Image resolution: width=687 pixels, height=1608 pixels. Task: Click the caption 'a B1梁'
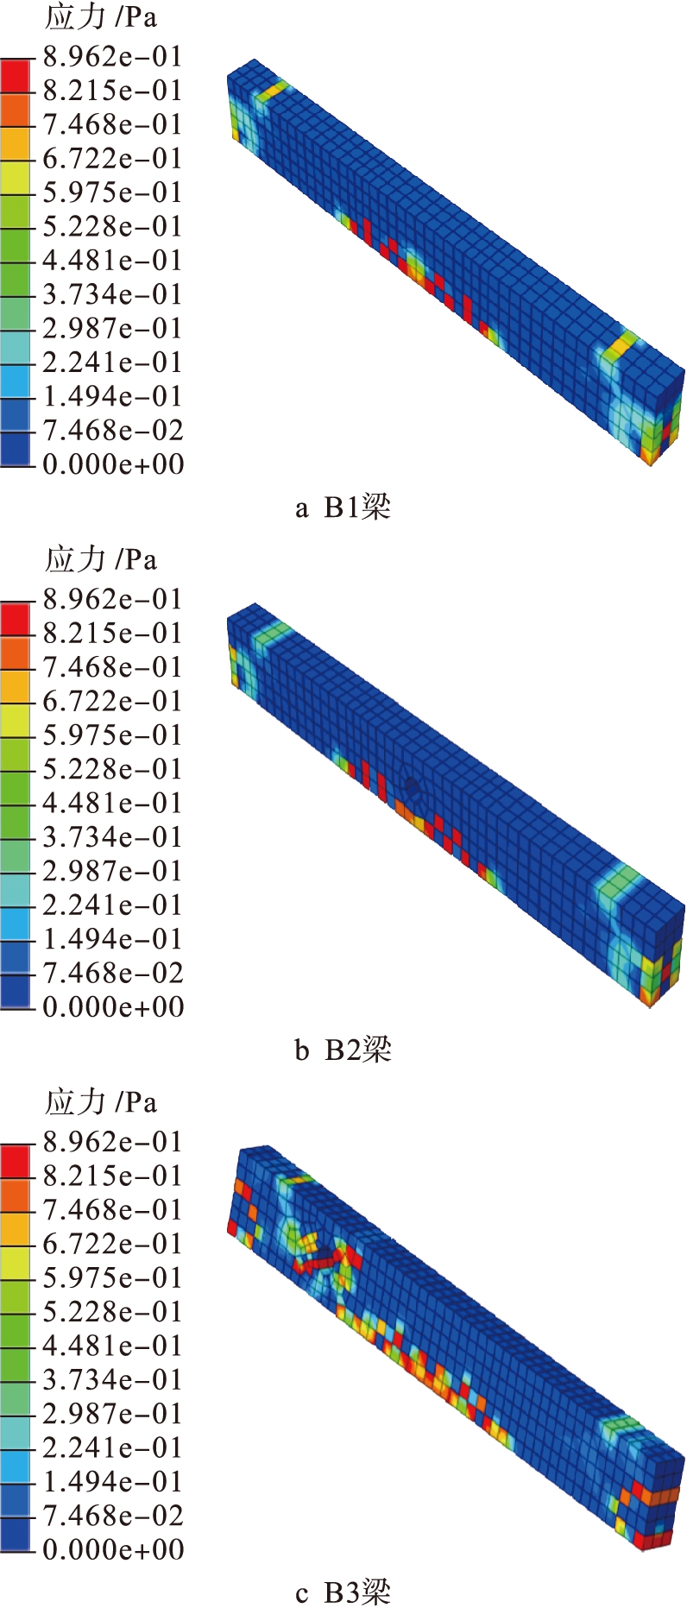pos(343,507)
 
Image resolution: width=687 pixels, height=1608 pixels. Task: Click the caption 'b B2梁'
pos(343,1050)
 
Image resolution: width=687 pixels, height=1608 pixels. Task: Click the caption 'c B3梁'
pos(343,1592)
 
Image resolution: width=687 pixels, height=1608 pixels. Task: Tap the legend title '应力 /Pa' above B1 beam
pos(101,18)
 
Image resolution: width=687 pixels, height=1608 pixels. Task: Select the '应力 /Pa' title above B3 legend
pos(101,1102)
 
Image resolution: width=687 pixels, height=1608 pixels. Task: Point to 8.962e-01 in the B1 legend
pos(113,57)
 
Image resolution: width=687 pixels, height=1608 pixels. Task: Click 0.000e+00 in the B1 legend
pos(113,464)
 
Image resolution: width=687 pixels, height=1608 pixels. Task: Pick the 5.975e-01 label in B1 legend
pos(113,192)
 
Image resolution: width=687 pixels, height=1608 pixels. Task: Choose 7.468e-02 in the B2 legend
pos(113,973)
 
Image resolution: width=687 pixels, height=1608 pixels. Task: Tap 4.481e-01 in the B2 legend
pos(113,803)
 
